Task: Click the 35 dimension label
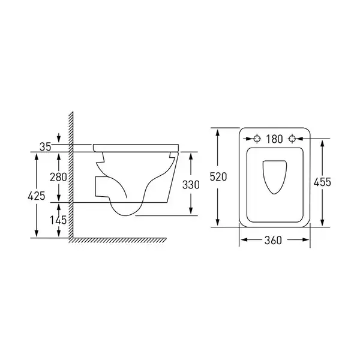45,147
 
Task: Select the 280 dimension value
59,177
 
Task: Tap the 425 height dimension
36,196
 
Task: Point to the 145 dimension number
58,220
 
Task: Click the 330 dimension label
191,185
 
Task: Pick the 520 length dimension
218,177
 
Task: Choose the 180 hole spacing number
274,139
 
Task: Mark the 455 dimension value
322,182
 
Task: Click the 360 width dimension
273,241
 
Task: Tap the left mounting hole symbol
257,139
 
